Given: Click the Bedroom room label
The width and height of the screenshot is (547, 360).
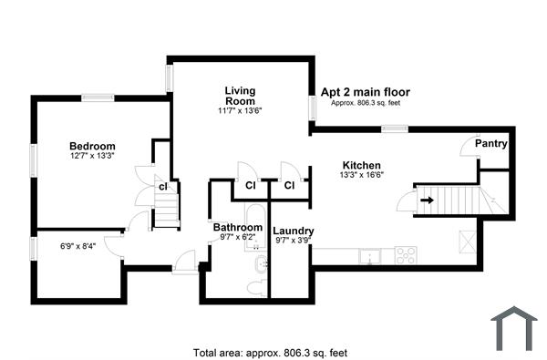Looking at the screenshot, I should [x=93, y=146].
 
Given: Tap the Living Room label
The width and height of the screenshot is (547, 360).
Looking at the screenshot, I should [x=241, y=95].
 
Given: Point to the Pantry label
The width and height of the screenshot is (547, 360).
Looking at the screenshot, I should [x=491, y=144].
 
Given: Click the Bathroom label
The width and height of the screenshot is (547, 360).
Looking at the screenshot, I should [x=238, y=226].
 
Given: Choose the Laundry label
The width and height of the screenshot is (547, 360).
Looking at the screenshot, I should [x=293, y=231].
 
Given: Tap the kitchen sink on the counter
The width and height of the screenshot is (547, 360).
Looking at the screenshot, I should [x=369, y=255].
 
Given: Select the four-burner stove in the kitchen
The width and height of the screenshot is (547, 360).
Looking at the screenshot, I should [x=406, y=255].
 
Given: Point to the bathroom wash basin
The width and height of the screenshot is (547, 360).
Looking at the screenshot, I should [x=261, y=265].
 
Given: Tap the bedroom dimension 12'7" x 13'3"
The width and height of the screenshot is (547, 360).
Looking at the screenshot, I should [x=93, y=156].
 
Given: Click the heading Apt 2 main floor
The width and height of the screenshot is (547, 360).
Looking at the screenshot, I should [x=365, y=92].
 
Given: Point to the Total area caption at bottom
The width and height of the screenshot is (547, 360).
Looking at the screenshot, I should [x=269, y=352].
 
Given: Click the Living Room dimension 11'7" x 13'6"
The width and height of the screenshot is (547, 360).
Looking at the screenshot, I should [x=241, y=111].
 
